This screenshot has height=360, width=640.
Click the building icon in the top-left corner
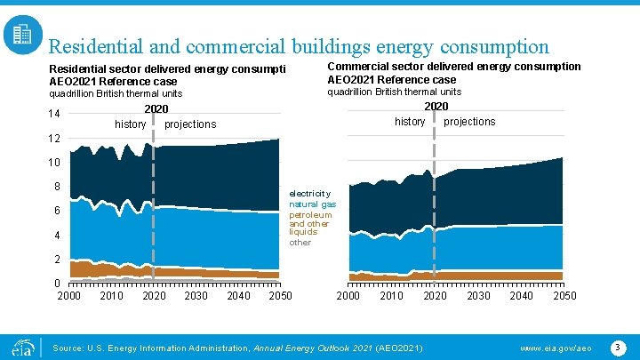tap(21, 35)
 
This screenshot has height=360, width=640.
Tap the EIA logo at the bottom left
tap(21, 345)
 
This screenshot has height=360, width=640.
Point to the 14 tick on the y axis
tap(54, 115)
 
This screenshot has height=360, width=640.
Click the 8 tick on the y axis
tap(57, 187)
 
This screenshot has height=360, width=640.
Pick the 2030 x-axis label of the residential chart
tap(196, 296)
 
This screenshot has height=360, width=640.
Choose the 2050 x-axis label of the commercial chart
tap(564, 296)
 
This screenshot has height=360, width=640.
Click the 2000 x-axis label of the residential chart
tap(69, 296)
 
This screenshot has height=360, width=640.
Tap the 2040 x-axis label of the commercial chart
tap(521, 296)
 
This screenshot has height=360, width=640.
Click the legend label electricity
tap(309, 193)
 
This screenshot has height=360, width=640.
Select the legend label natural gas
tap(312, 204)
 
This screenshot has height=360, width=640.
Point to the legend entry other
tap(300, 243)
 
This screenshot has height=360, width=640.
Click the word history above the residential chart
tap(130, 124)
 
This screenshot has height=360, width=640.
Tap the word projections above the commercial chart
tap(469, 122)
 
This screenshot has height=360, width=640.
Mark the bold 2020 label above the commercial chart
tap(436, 107)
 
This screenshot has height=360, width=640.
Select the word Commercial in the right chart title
tap(359, 67)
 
